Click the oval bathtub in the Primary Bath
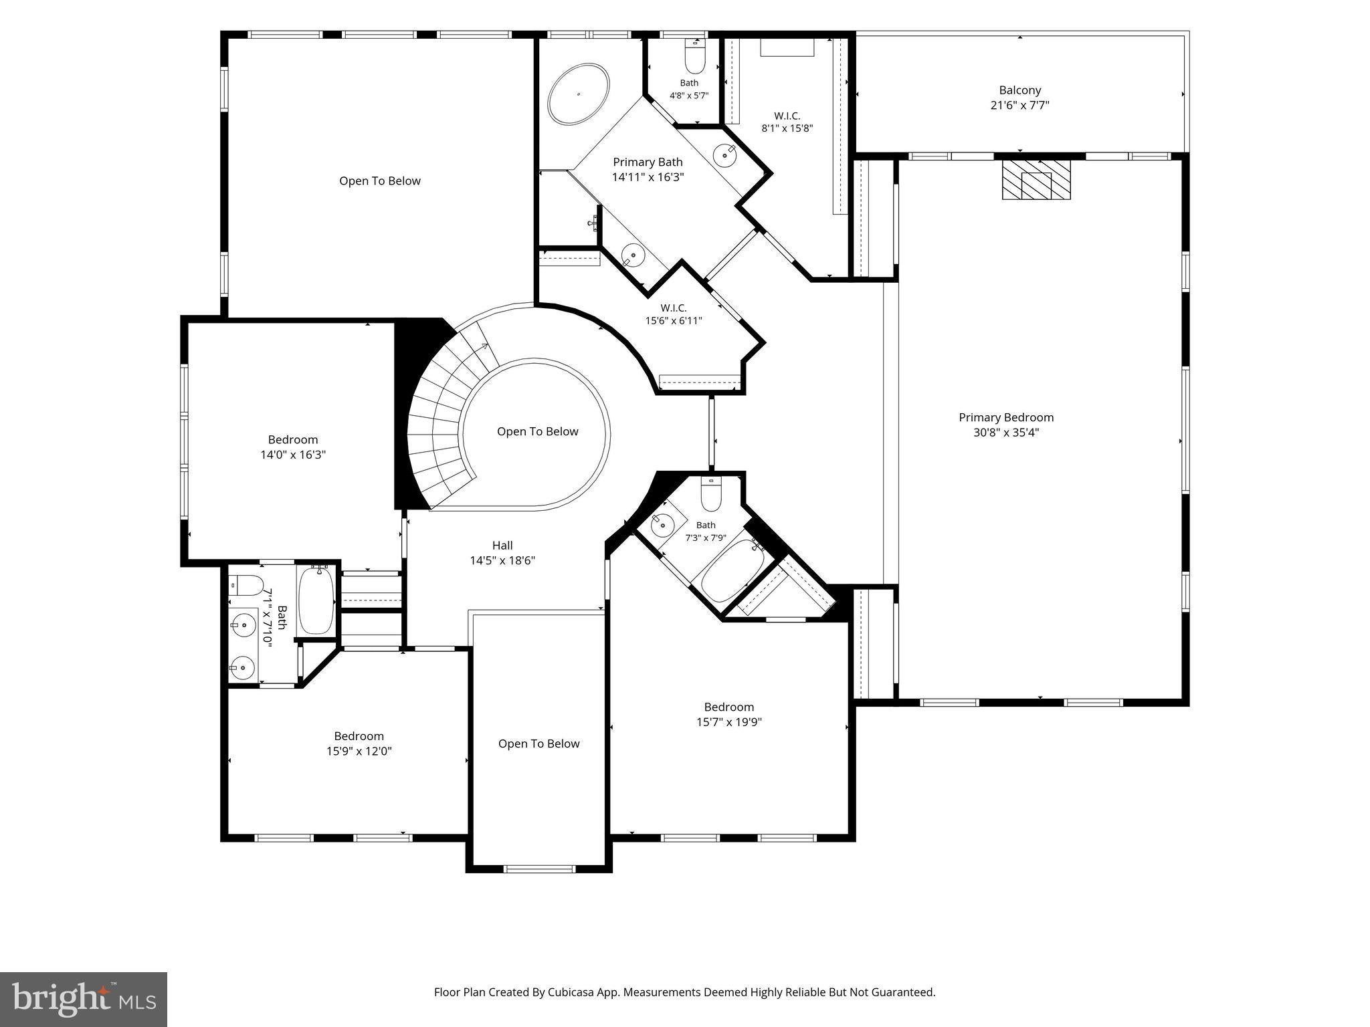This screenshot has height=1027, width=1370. [x=579, y=94]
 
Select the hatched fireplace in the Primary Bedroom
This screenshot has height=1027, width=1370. [x=1036, y=179]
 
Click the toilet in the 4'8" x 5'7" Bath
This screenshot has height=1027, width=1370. [x=696, y=56]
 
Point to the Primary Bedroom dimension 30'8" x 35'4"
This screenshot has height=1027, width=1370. [x=1005, y=433]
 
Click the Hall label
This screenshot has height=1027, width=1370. [x=502, y=546]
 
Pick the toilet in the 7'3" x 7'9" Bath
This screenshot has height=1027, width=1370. [x=710, y=495]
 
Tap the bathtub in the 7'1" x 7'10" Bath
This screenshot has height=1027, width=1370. [x=316, y=600]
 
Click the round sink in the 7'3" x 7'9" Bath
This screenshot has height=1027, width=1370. [x=662, y=526]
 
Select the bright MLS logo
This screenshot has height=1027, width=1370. [x=84, y=1000]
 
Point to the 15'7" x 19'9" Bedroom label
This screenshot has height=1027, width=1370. [x=728, y=715]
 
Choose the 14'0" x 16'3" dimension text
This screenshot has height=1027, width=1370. [x=293, y=455]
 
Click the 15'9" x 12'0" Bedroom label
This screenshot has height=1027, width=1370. [x=359, y=744]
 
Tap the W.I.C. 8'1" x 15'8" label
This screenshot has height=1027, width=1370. [x=787, y=122]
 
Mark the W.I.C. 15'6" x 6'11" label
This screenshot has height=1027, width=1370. [x=674, y=314]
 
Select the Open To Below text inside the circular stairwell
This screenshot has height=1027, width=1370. [x=537, y=431]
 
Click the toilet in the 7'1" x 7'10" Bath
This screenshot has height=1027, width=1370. [x=246, y=586]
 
